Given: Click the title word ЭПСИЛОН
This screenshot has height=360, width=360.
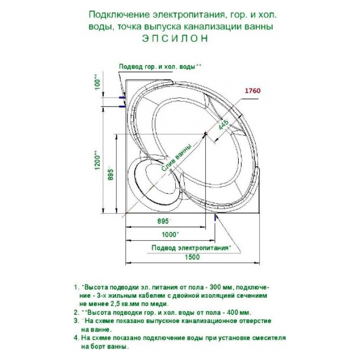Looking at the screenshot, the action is click(175, 39).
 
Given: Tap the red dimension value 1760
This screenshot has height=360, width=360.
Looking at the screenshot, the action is click(253, 91).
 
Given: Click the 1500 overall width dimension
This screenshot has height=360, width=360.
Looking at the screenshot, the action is click(192, 257).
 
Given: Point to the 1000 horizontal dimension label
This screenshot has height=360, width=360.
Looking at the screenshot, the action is click(170, 235).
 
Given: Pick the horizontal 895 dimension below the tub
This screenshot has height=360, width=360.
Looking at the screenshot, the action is click(164, 221).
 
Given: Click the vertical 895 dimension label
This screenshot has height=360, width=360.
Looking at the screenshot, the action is click(111, 174).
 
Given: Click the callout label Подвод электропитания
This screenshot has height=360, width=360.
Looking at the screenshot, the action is click(191, 248).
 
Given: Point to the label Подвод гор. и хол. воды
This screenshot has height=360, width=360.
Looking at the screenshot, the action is click(160, 67).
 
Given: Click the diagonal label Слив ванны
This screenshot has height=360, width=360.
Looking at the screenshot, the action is click(176, 158).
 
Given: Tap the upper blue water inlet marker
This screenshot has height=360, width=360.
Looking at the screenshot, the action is click(122, 98).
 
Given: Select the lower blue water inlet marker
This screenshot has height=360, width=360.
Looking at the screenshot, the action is click(122, 106).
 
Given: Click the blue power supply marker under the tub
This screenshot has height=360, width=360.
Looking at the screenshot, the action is click(215, 217).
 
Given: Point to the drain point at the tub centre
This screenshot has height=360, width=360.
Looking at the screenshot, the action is click(206, 133).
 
